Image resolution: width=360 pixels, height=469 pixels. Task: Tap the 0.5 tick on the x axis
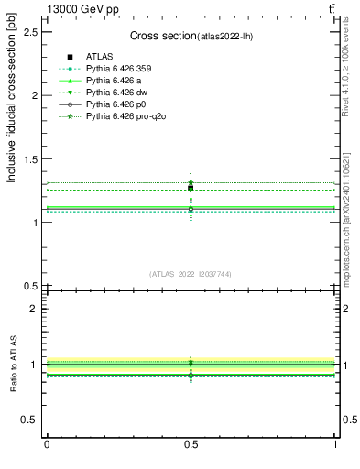click(191, 444)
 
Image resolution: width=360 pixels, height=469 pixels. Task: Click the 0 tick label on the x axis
click(47, 444)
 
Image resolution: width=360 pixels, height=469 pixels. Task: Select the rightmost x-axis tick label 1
click(335, 444)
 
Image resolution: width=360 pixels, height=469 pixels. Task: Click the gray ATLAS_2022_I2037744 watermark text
click(191, 274)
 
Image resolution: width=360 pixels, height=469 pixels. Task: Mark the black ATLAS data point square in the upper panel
click(191, 188)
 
